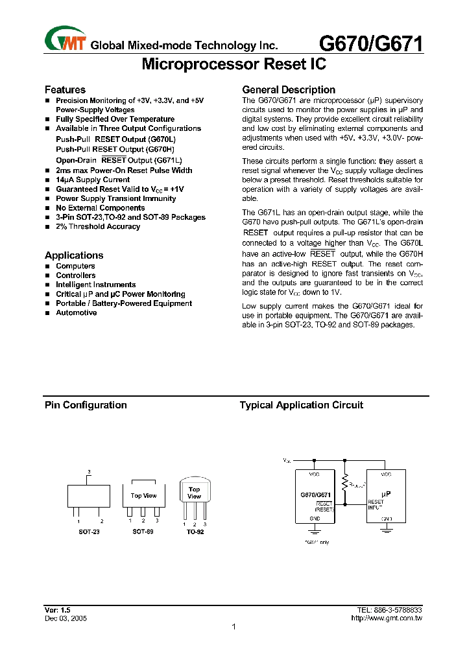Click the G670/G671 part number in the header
pyautogui.click(x=372, y=43)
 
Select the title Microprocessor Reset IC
pyautogui.click(x=233, y=64)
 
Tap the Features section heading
pyautogui.click(x=65, y=89)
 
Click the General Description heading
pyautogui.click(x=289, y=89)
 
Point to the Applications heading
pyautogui.click(x=74, y=255)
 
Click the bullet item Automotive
pyautogui.click(x=76, y=313)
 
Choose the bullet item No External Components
pyautogui.click(x=100, y=208)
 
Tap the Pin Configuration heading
pyautogui.click(x=86, y=405)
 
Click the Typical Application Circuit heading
pyautogui.click(x=302, y=405)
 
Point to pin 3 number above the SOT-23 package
pyautogui.click(x=89, y=471)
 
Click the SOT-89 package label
pyautogui.click(x=143, y=532)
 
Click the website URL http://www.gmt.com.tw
pyautogui.click(x=386, y=619)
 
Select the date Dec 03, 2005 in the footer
pyautogui.click(x=66, y=619)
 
